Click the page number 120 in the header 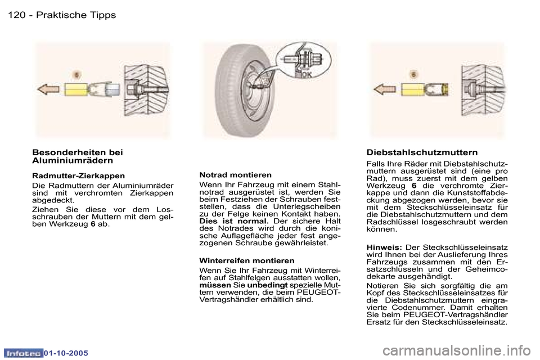point(16,15)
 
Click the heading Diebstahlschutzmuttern point(422,152)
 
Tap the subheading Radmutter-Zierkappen point(78,176)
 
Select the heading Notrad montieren point(235,175)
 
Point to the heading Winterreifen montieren point(246,260)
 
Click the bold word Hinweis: point(384,247)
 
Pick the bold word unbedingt point(267,285)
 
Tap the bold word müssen point(215,285)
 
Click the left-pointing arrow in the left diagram point(48,89)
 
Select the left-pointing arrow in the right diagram point(384,89)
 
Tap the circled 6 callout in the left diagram point(77,75)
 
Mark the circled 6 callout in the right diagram point(413,74)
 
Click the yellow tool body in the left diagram point(76,90)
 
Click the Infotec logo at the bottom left point(24,353)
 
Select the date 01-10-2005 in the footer point(66,353)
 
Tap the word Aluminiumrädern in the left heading point(73,160)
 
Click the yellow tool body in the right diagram point(412,90)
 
